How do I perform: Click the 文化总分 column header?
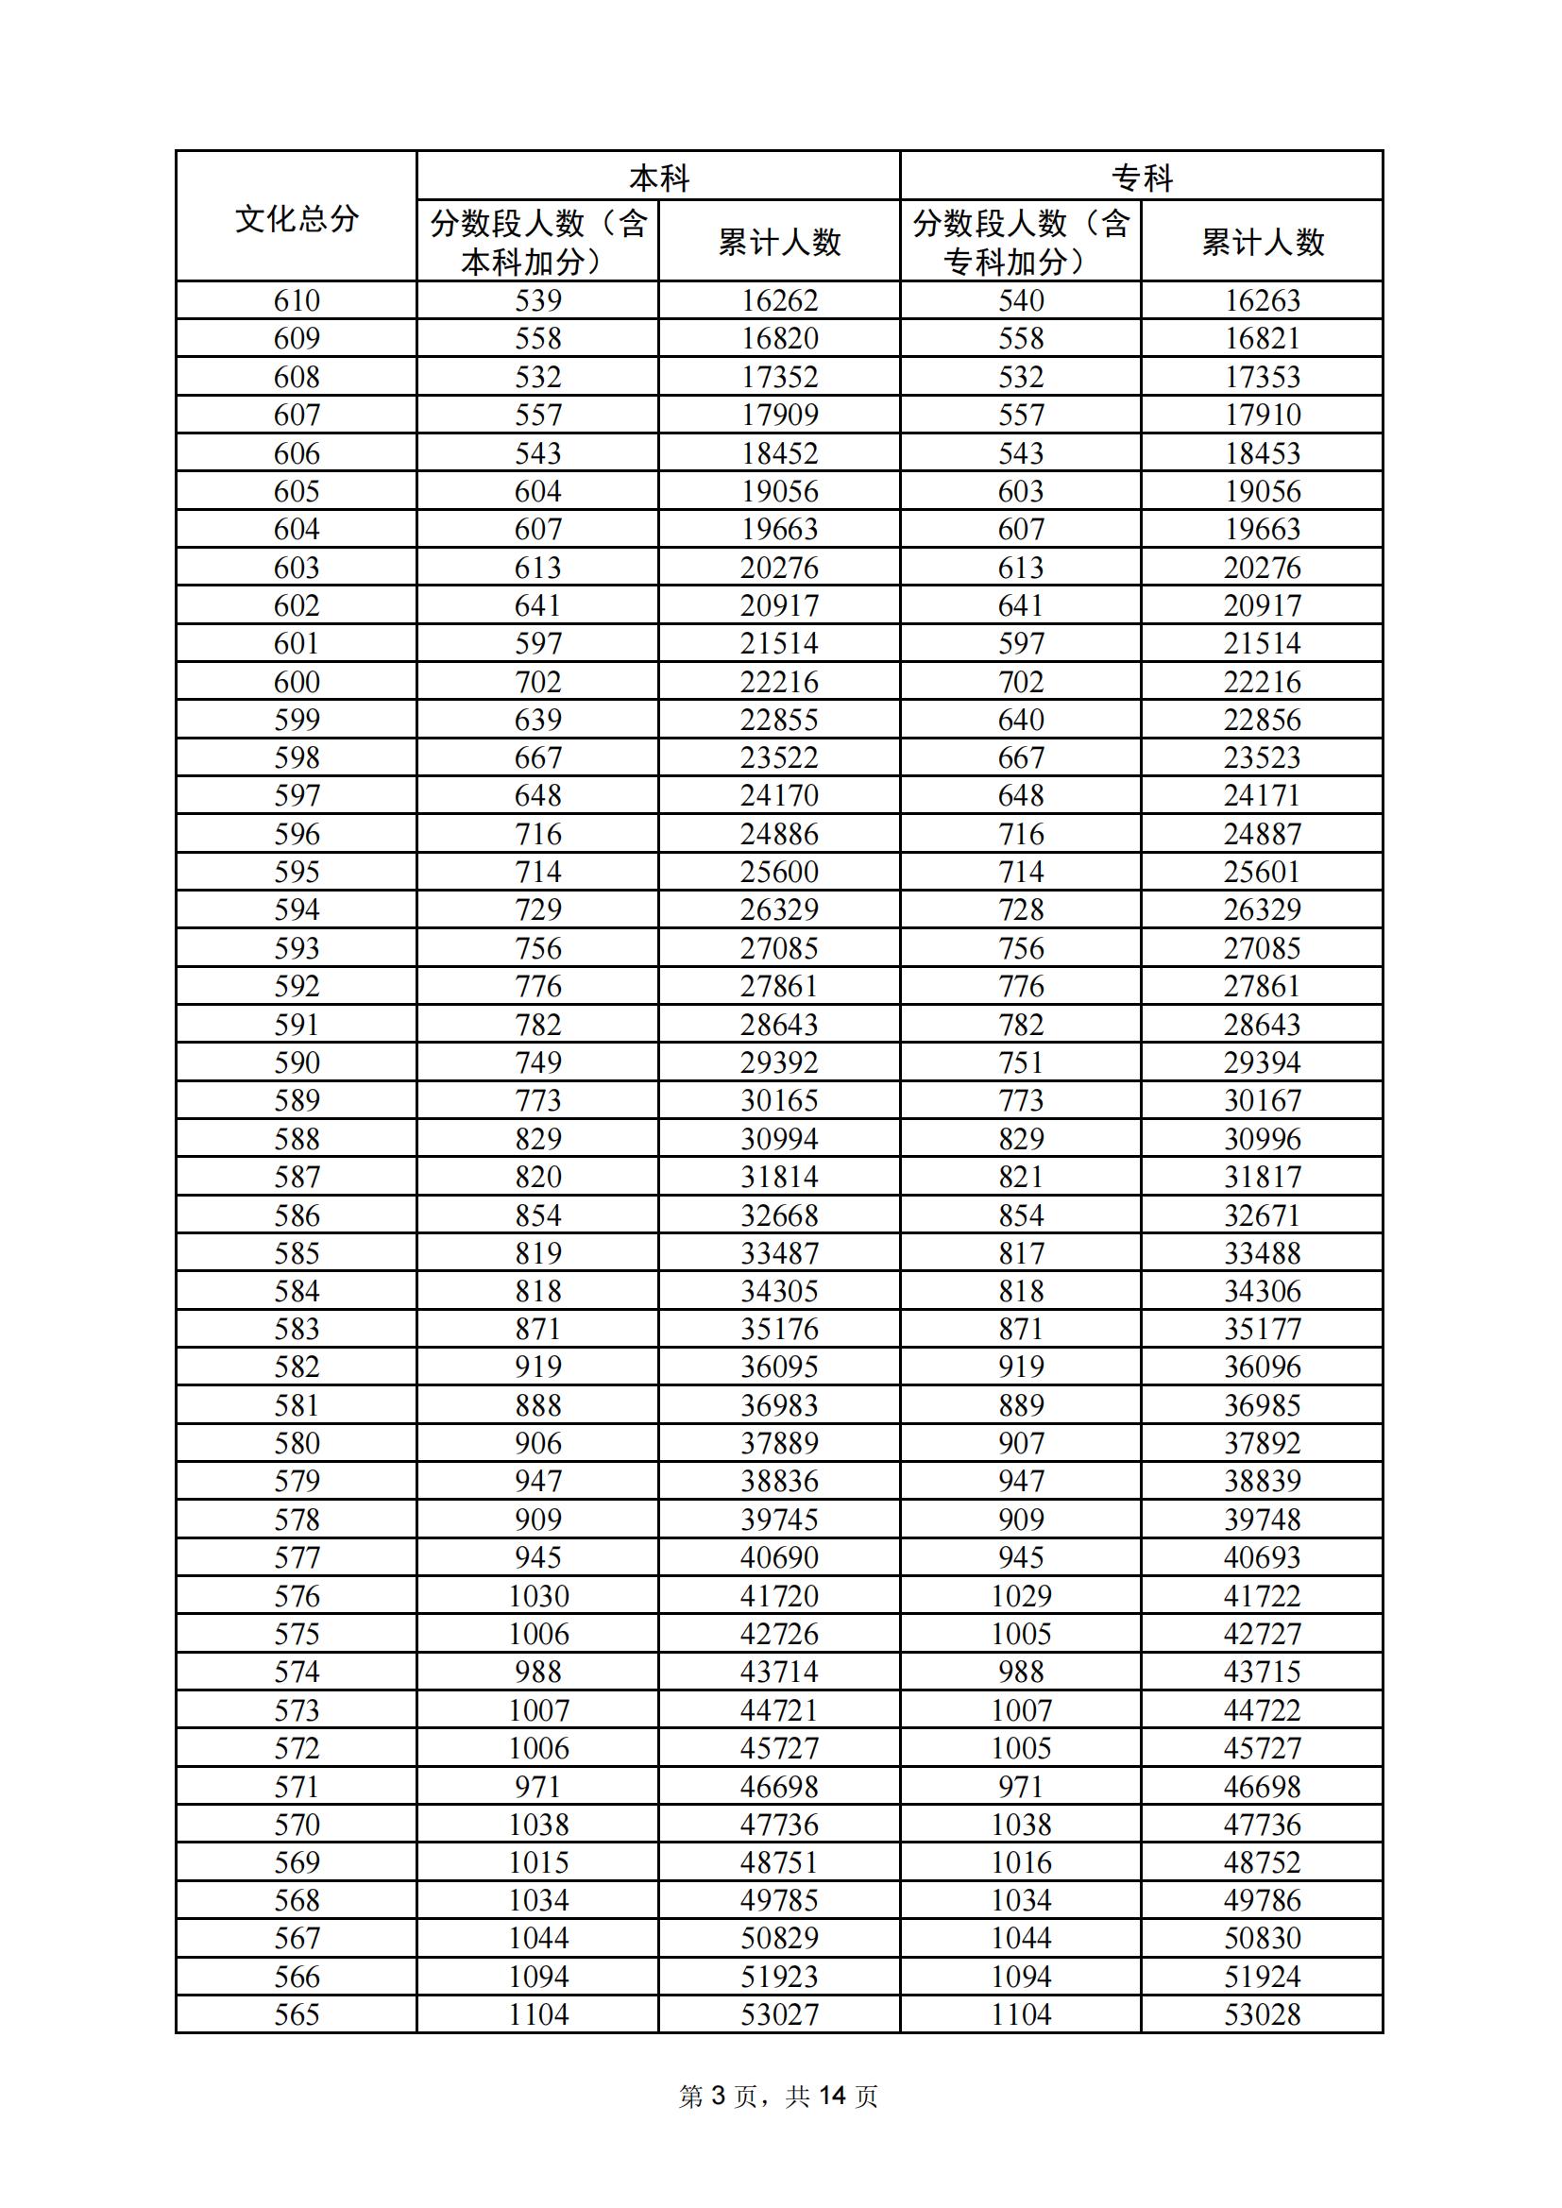(297, 218)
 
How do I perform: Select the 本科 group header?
(659, 178)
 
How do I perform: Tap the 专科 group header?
(1142, 178)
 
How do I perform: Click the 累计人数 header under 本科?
(779, 242)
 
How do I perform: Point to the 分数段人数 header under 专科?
(1021, 242)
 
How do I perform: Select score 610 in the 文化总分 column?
(297, 301)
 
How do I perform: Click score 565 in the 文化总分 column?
(297, 2013)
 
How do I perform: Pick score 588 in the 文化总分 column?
(297, 1139)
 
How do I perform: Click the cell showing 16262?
(779, 301)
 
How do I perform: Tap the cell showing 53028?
(1262, 2013)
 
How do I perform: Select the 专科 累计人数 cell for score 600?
(1262, 682)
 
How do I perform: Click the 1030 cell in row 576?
(538, 1595)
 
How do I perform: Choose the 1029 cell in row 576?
(1022, 1595)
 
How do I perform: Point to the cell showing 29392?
(779, 1062)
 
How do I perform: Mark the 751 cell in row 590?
(1022, 1062)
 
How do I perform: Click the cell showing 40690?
(779, 1557)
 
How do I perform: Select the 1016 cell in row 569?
(1022, 1861)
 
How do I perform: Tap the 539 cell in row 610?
(537, 301)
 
